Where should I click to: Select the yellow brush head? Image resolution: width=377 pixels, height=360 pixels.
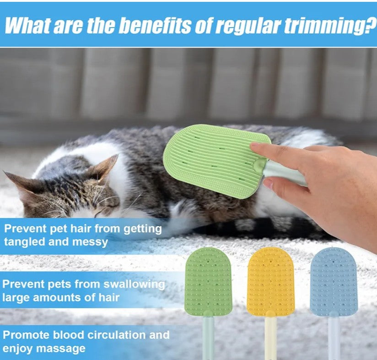[271, 282]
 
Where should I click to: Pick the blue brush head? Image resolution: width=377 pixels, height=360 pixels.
[334, 282]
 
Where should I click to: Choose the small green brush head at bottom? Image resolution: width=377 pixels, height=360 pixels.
[209, 282]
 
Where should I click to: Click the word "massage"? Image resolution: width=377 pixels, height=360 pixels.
[61, 348]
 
